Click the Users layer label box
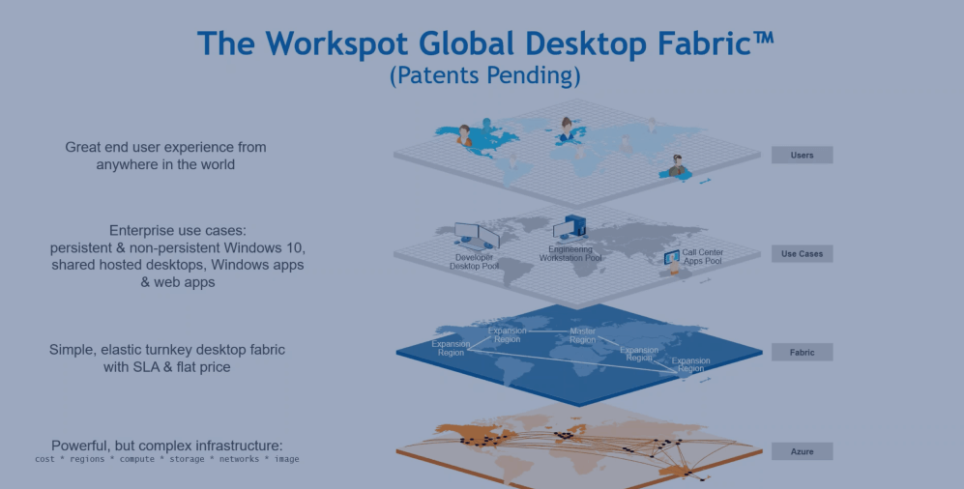[802, 155]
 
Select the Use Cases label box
[802, 254]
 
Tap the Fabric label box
[802, 352]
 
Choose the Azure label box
[802, 451]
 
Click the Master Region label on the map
[582, 335]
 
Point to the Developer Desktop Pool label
[474, 262]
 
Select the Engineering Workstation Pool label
[570, 254]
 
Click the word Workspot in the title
[336, 43]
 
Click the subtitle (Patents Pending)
[485, 75]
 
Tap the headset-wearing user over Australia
[677, 166]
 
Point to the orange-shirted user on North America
[465, 135]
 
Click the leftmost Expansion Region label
[451, 348]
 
